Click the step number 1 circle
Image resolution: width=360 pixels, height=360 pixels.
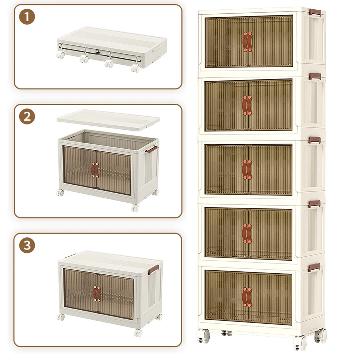tap(27, 17)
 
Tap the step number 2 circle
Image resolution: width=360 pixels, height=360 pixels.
tap(27, 116)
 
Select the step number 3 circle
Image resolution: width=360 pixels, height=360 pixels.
tap(27, 245)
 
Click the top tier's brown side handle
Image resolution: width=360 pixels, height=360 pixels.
tap(315, 12)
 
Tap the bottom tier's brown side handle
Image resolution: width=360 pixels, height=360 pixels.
tap(314, 267)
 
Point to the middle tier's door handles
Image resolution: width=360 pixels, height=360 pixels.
tap(247, 170)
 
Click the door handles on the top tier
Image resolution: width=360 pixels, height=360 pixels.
tap(247, 42)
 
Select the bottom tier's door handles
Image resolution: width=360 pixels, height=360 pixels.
tap(247, 297)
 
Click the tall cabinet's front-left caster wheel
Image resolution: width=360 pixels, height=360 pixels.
tap(203, 336)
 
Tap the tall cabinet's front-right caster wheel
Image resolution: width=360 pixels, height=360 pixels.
tap(300, 343)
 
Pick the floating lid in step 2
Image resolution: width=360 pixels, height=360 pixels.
tap(108, 120)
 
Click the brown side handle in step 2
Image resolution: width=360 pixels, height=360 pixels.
tap(152, 149)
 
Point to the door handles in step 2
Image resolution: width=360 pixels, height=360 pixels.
tap(95, 170)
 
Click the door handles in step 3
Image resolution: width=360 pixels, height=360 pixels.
tap(96, 294)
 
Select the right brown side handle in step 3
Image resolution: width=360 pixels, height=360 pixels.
tap(153, 270)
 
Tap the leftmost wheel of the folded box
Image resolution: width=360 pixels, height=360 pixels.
tap(60, 55)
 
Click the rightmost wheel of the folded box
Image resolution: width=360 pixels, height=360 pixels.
tap(135, 68)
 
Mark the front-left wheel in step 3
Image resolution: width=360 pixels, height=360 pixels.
tap(61, 317)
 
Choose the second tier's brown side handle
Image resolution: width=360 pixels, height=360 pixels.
tap(315, 76)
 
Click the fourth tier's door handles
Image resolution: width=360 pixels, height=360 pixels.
tap(247, 234)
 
